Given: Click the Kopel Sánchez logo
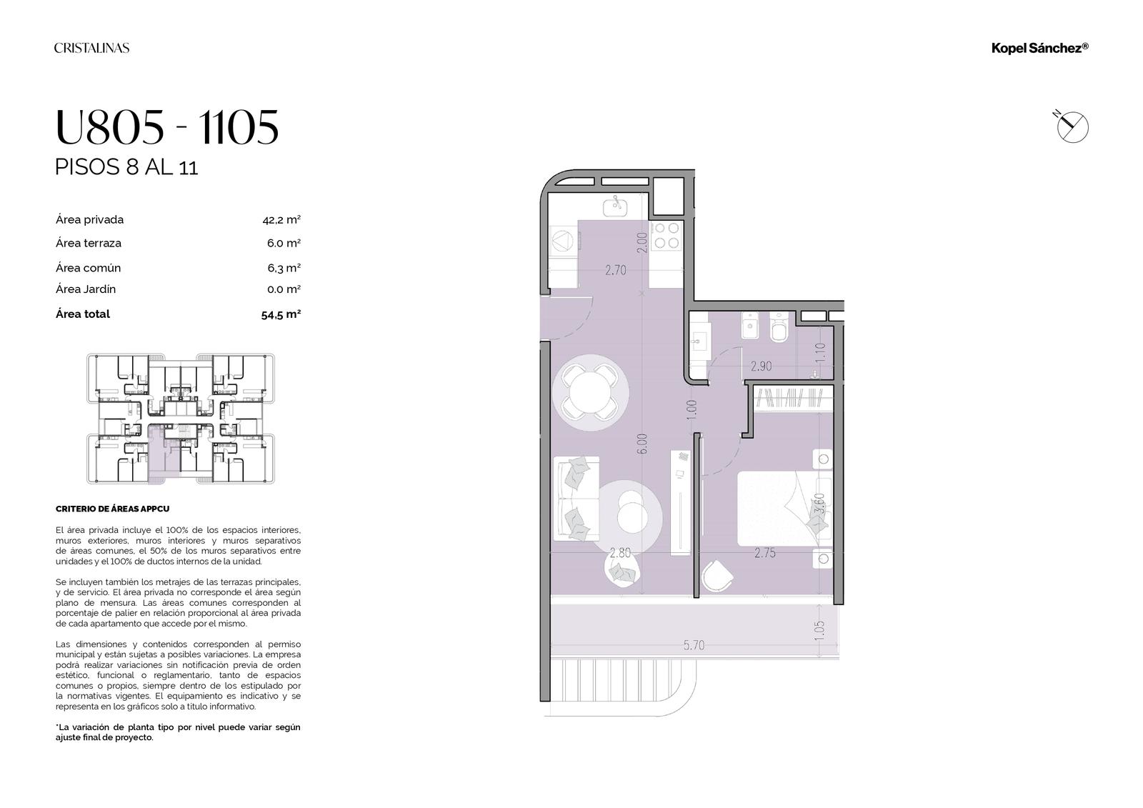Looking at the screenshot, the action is tap(1040, 48).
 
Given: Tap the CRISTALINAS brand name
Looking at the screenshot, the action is tap(92, 48).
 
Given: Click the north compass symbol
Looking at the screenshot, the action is tap(1071, 126).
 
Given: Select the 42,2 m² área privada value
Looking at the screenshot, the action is tap(281, 220).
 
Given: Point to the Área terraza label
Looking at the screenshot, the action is tap(89, 243).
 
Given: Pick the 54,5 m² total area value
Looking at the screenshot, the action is tap(281, 314).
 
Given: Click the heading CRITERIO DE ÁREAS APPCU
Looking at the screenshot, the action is tap(112, 509).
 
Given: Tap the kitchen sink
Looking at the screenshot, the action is tap(617, 205).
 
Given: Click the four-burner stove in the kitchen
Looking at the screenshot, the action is tap(667, 235).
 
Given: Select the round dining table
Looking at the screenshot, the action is tap(589, 392).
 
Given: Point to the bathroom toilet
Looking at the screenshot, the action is tap(779, 327).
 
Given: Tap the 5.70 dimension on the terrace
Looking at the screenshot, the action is tap(694, 645).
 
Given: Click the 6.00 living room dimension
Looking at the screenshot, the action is tap(642, 444).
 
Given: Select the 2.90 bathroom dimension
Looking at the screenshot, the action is tap(761, 366).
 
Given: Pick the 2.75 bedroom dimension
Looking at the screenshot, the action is tap(765, 552).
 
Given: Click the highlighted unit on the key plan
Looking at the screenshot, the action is tap(164, 454).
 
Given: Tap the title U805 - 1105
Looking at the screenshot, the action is tap(167, 126).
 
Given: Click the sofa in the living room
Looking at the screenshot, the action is tap(576, 498).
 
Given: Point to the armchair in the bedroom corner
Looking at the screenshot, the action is tap(717, 575).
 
